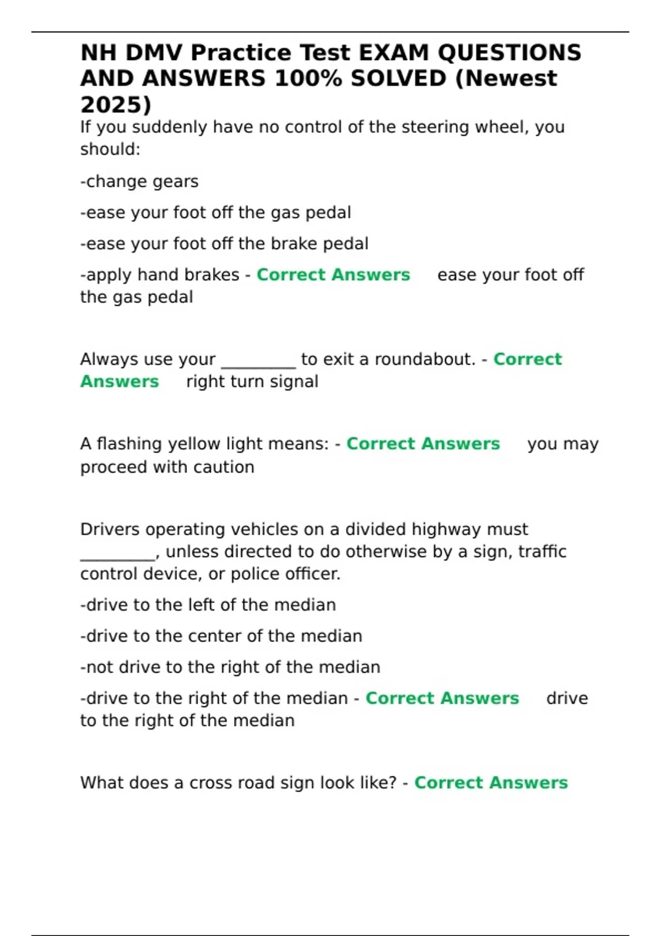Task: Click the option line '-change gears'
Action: tap(139, 182)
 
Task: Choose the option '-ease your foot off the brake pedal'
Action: tap(224, 244)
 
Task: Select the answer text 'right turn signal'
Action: tap(252, 382)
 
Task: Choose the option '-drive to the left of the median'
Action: tap(208, 605)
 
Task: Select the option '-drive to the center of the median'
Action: tap(221, 636)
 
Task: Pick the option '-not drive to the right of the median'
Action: tap(230, 667)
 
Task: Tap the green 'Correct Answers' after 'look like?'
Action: tap(491, 783)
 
